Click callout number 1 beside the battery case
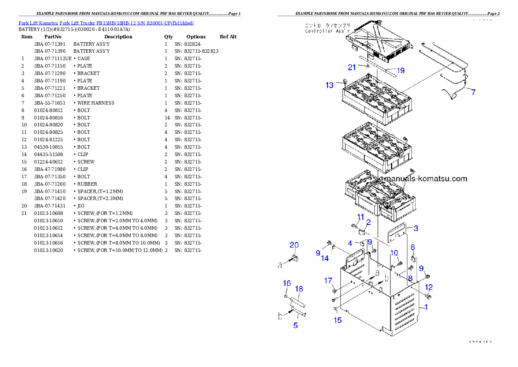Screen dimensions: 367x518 [x=426, y=307]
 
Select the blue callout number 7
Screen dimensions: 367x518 [x=473, y=92]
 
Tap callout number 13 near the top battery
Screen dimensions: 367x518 [x=330, y=85]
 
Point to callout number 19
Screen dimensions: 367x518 [x=400, y=70]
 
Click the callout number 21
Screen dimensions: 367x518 [x=352, y=67]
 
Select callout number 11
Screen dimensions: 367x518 [x=361, y=217]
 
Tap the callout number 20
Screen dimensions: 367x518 [x=294, y=245]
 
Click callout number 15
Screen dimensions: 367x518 [x=338, y=320]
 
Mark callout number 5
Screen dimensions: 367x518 [x=295, y=325]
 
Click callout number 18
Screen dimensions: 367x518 [x=299, y=289]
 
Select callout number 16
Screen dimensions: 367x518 [x=287, y=283]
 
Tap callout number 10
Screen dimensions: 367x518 [x=394, y=253]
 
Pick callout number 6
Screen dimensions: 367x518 [x=413, y=248]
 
